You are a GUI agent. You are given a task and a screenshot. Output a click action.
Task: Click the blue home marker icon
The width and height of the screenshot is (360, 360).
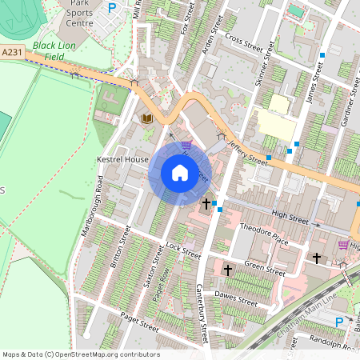[x=180, y=172]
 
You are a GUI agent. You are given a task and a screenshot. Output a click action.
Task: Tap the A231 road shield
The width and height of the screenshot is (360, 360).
[x=11, y=52]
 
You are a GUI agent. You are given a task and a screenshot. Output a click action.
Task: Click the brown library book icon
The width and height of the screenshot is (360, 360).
[x=146, y=118]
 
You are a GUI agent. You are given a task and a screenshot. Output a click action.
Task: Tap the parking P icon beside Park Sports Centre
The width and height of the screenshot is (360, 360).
[x=112, y=8]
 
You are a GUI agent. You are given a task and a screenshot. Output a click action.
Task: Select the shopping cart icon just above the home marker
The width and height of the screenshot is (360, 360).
[x=186, y=145]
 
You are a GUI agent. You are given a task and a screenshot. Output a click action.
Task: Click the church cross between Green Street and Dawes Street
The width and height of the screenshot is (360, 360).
[x=227, y=270]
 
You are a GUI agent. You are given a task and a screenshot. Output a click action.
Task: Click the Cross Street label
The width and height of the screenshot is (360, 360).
[x=244, y=41]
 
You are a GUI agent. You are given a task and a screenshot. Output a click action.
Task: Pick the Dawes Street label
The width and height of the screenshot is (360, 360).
[x=237, y=298]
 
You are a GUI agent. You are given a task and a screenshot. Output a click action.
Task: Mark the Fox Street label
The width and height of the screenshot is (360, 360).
[x=186, y=22]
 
